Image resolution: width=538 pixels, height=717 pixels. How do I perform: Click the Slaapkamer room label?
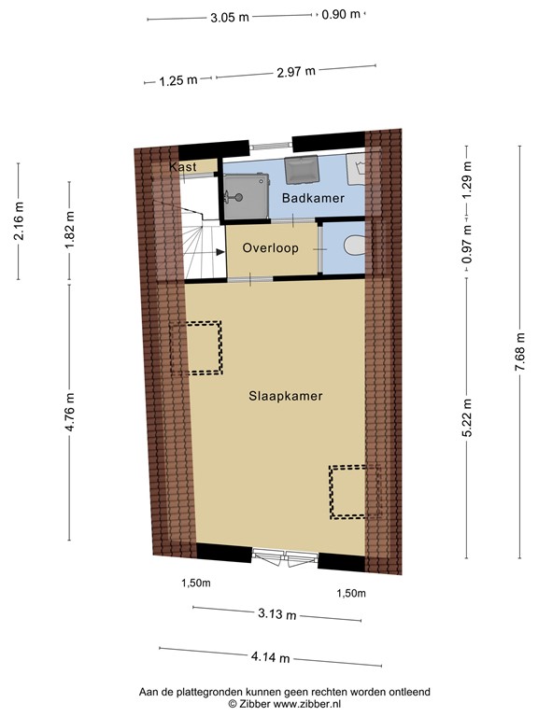point(286,396)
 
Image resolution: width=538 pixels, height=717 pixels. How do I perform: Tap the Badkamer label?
point(313,199)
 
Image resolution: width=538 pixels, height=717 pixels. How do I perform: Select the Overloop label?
point(270,248)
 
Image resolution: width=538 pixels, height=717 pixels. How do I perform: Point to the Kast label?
point(181,167)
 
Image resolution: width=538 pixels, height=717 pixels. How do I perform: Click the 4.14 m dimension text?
point(270,656)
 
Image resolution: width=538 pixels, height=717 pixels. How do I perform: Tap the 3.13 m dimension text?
point(278,614)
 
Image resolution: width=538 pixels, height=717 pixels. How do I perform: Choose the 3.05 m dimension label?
point(229,17)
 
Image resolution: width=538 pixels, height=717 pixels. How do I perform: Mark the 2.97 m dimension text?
point(296,71)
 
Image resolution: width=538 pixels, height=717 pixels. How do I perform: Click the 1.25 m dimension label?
point(178,80)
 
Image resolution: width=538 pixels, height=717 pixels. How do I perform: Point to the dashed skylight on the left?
point(196,348)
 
